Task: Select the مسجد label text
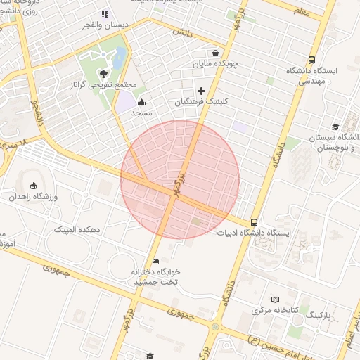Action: (x=141, y=112)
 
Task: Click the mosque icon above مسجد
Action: (x=142, y=102)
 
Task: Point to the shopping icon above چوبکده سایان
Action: (x=214, y=53)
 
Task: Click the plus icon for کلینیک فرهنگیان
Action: (x=202, y=91)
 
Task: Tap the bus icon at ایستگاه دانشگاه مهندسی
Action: (x=311, y=60)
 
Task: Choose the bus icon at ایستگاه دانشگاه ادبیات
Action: (x=254, y=222)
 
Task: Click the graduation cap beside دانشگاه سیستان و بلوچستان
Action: (x=335, y=127)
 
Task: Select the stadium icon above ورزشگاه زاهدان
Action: (x=33, y=186)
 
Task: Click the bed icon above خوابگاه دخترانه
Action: (x=155, y=261)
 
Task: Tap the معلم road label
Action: (x=302, y=11)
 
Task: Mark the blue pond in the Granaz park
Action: (x=120, y=56)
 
